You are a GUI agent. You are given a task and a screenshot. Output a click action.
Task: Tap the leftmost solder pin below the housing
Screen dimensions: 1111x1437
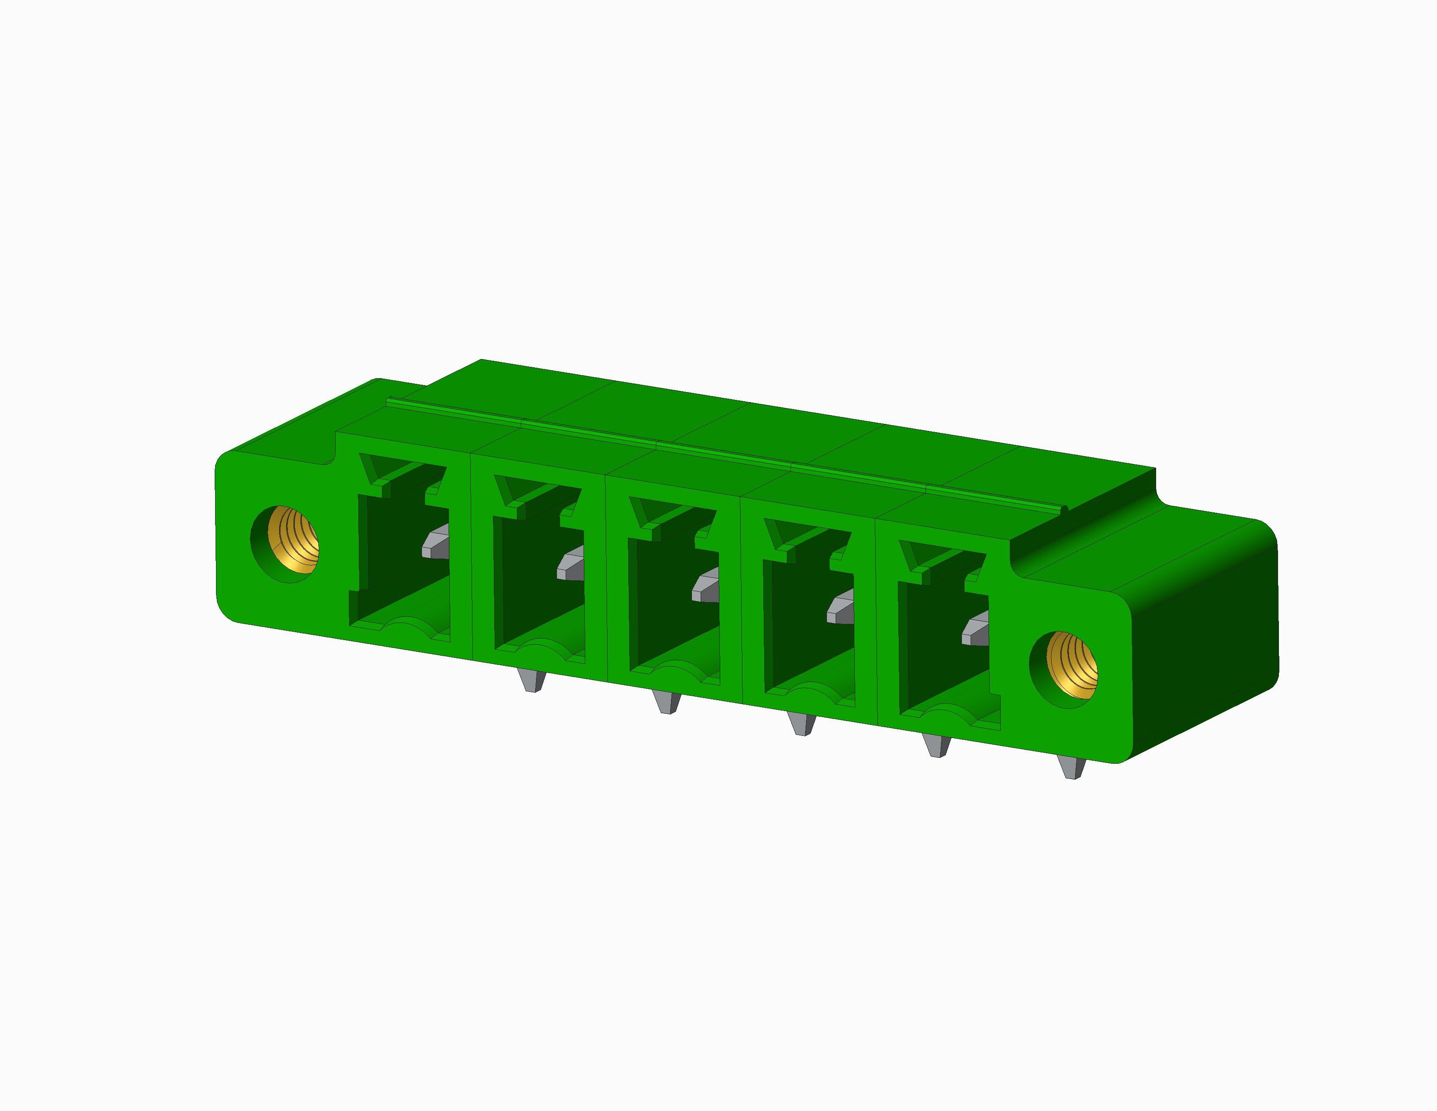coord(532,681)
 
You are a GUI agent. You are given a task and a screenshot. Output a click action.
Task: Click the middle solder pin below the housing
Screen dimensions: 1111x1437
coord(802,724)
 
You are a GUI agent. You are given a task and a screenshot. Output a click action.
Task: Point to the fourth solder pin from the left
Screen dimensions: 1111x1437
coord(937,746)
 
